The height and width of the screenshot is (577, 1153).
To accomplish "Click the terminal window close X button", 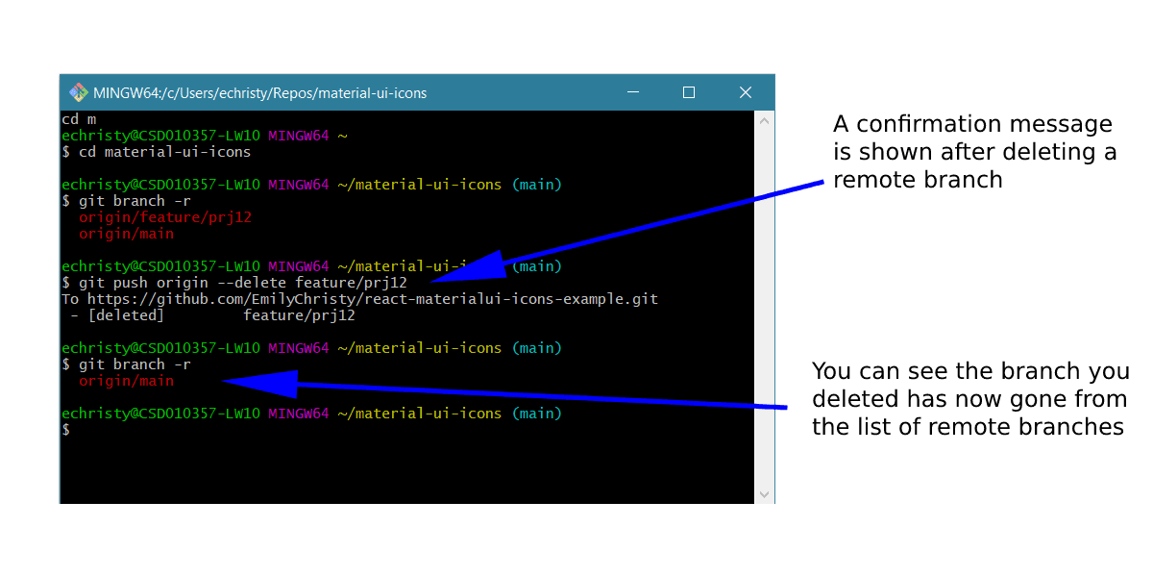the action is (746, 92).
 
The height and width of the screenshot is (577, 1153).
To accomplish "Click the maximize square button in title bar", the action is (689, 92).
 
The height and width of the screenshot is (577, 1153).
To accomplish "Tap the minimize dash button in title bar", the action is (631, 92).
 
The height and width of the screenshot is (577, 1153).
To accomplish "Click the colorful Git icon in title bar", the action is (78, 93).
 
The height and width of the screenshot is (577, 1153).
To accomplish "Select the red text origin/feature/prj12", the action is (165, 217).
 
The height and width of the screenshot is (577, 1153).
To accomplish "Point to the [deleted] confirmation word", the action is (121, 315).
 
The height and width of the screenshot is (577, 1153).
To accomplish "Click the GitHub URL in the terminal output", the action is (373, 299).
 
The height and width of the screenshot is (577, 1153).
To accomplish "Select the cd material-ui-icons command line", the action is (164, 152).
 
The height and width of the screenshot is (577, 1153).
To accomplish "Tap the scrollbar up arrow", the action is (764, 122).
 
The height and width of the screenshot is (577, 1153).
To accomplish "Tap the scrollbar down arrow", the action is (764, 493).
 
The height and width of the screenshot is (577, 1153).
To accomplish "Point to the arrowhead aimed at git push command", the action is (486, 265).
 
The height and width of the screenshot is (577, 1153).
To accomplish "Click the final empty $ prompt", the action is (66, 430).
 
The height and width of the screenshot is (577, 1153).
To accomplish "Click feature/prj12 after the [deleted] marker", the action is (299, 315).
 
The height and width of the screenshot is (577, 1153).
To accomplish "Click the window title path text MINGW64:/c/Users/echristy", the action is (259, 93).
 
